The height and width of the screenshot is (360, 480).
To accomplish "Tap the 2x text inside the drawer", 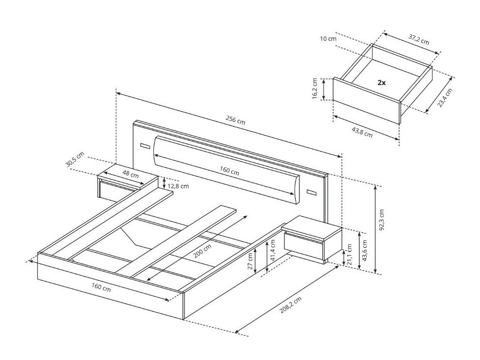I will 381,82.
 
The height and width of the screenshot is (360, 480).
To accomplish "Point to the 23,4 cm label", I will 445,97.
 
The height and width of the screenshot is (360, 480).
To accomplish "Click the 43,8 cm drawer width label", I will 362,132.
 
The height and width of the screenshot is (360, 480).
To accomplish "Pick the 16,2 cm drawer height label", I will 315,89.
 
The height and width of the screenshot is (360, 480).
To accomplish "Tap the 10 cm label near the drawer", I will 328,39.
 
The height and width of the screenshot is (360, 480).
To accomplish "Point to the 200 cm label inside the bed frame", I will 202,251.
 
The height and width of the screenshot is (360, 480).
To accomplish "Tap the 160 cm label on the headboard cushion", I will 230,171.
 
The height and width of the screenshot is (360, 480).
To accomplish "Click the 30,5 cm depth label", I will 75,160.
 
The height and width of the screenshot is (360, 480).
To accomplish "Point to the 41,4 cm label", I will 272,250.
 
